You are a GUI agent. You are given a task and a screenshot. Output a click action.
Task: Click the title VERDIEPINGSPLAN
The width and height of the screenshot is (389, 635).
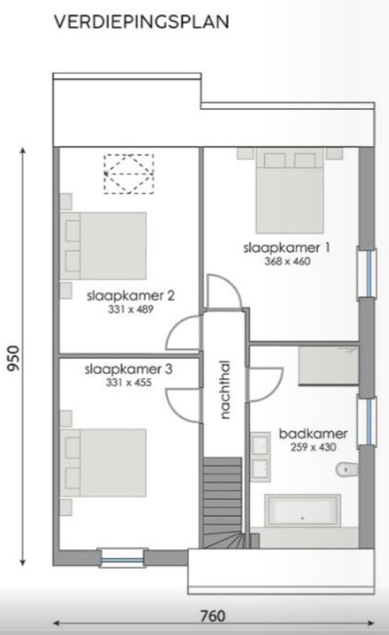coord(141,22)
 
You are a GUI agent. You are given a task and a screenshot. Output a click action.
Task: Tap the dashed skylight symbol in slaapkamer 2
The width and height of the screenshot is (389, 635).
coord(129,174)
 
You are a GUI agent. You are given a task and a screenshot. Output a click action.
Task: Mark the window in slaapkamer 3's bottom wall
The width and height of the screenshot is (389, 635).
coord(122,557)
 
